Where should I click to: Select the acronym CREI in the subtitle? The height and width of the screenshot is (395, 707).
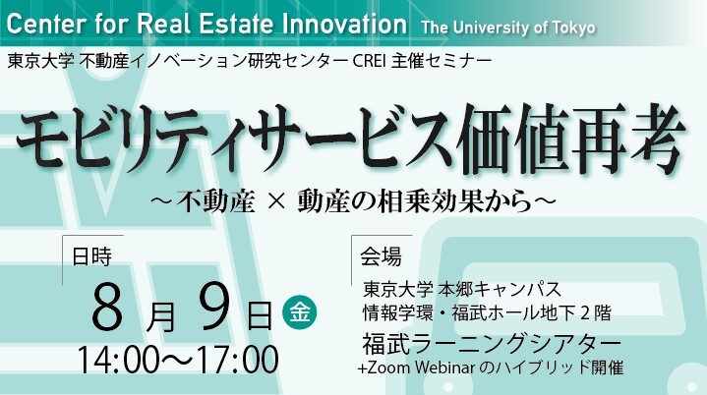pos(370,61)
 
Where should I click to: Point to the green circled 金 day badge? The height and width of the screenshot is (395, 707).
pos(299,312)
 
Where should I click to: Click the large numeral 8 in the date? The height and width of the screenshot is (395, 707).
pos(107,308)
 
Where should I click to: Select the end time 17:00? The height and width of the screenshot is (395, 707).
pos(238,361)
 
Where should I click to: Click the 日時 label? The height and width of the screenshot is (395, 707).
pos(91,256)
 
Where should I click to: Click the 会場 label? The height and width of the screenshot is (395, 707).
pos(381,256)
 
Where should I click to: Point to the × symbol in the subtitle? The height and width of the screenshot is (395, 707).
pos(276,202)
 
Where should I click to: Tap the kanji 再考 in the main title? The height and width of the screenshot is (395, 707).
pos(626,139)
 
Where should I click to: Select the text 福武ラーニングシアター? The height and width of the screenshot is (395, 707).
pos(492,345)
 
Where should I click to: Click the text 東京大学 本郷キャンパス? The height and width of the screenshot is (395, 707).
pos(462,289)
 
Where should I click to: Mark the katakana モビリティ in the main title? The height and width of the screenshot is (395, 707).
pos(131,139)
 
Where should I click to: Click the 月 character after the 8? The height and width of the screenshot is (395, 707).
pos(160,316)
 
